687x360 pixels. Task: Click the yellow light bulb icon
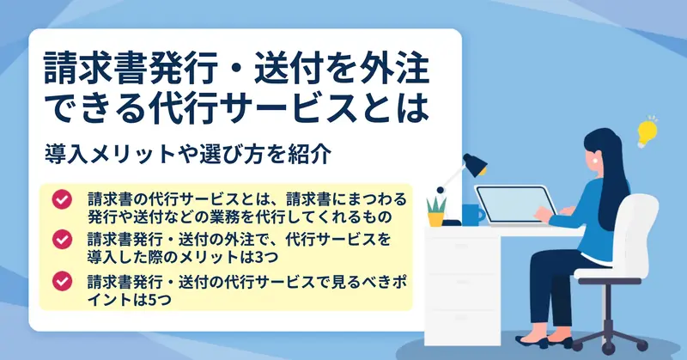tap(647, 131)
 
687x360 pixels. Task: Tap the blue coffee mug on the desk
tap(472, 215)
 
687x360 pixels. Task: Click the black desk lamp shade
tap(476, 164)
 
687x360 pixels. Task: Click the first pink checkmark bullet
tap(62, 199)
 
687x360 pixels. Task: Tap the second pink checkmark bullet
tap(62, 239)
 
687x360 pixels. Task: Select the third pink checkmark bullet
tap(62, 281)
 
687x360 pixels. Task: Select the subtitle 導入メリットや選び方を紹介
tap(187, 154)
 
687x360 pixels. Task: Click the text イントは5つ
tap(130, 299)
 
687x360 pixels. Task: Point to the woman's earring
tap(595, 161)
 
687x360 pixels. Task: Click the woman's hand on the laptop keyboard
tap(544, 215)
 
